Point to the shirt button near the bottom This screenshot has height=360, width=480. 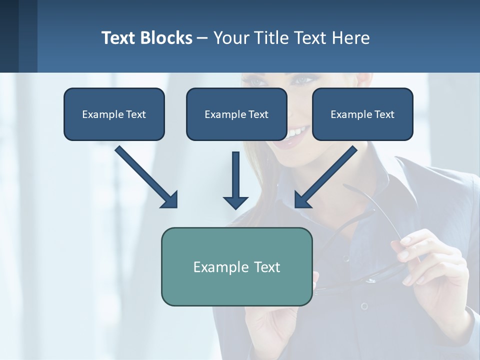click(x=364, y=305)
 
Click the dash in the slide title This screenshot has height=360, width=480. click(x=202, y=38)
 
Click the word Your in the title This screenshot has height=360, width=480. click(x=231, y=38)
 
